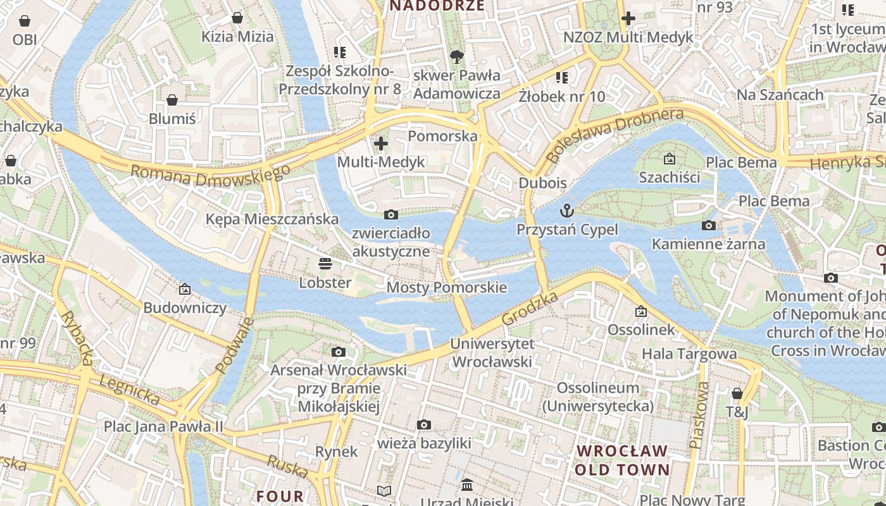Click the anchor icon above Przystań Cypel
(x=566, y=211)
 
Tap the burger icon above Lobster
(x=325, y=264)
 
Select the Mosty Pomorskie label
(x=447, y=288)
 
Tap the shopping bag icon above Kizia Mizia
(x=237, y=18)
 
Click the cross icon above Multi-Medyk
(x=380, y=144)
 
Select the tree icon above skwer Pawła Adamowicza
(x=456, y=58)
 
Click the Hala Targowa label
(x=689, y=354)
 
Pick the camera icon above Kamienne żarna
(x=709, y=226)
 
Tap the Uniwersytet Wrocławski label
(x=492, y=353)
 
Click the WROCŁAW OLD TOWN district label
(x=621, y=460)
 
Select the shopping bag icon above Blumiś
(x=172, y=100)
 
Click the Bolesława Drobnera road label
(x=615, y=135)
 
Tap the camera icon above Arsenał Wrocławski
(x=339, y=352)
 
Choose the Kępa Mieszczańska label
(x=272, y=219)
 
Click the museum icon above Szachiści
(x=669, y=159)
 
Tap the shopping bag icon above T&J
(x=737, y=393)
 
